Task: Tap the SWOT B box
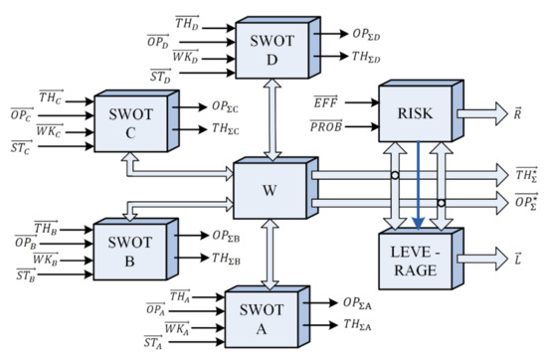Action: click(x=130, y=248)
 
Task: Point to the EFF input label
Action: click(x=324, y=101)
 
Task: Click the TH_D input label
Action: click(x=187, y=21)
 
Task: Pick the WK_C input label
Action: click(x=49, y=131)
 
